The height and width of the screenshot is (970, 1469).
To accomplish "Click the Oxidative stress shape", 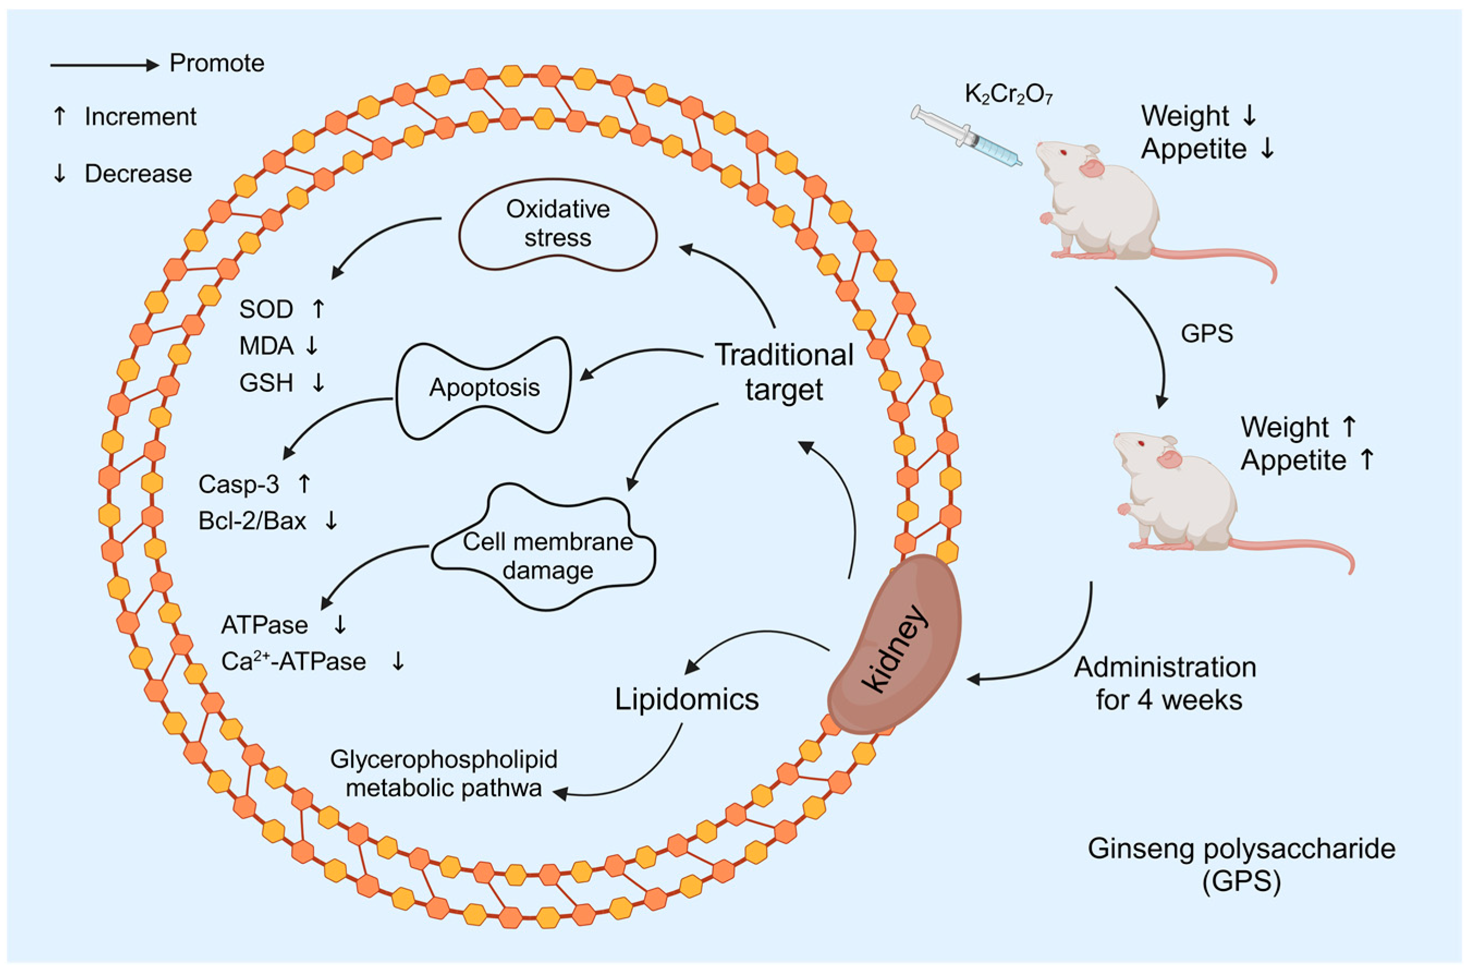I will (558, 224).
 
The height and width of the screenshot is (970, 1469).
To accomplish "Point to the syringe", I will (966, 136).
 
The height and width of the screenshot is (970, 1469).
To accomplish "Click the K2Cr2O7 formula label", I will (1008, 95).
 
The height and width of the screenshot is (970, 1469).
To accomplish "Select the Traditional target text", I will (784, 372).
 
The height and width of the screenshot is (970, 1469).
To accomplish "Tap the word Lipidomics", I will (686, 699).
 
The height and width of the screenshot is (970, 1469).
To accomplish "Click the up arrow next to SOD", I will (318, 308).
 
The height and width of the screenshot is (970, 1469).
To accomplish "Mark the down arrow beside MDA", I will (311, 345).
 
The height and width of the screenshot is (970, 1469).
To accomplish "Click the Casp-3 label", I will (238, 484).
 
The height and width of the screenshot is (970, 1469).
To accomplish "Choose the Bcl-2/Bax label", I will (252, 521).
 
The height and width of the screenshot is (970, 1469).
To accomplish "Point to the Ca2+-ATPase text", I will (293, 662).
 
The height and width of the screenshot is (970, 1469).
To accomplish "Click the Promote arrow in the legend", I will (104, 65).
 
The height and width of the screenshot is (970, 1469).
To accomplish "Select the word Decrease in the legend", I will (138, 174).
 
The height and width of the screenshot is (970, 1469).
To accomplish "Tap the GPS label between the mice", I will (1206, 334).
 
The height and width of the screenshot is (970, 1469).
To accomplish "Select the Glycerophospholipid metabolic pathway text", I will (443, 773).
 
